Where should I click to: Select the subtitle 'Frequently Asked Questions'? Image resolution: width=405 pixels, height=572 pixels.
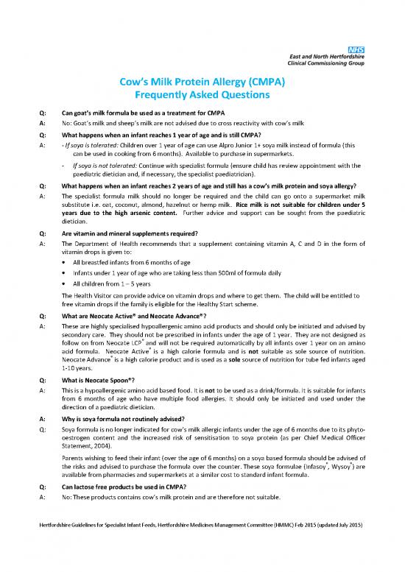tap(202, 96)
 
